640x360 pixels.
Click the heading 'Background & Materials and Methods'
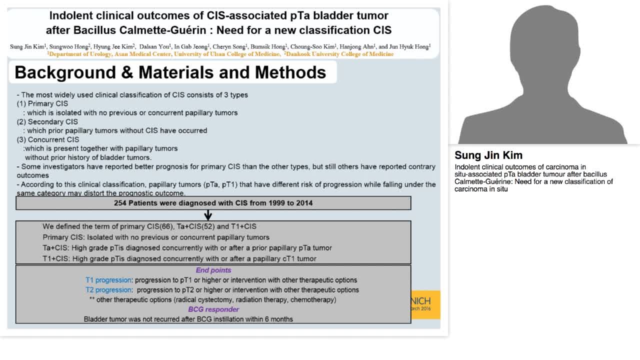pyautogui.click(x=170, y=72)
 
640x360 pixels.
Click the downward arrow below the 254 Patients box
pyautogui.click(x=208, y=215)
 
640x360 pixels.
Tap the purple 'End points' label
pyautogui.click(x=213, y=270)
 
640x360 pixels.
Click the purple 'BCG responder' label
pyautogui.click(x=213, y=309)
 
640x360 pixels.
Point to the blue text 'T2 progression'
pyautogui.click(x=108, y=290)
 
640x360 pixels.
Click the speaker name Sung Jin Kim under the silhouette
pyautogui.click(x=488, y=155)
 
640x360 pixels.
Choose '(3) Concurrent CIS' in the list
pyautogui.click(x=48, y=140)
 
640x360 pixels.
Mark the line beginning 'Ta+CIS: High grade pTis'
pyautogui.click(x=187, y=248)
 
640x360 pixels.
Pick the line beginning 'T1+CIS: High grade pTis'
pyautogui.click(x=179, y=259)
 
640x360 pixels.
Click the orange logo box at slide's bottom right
pyautogui.click(x=425, y=304)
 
